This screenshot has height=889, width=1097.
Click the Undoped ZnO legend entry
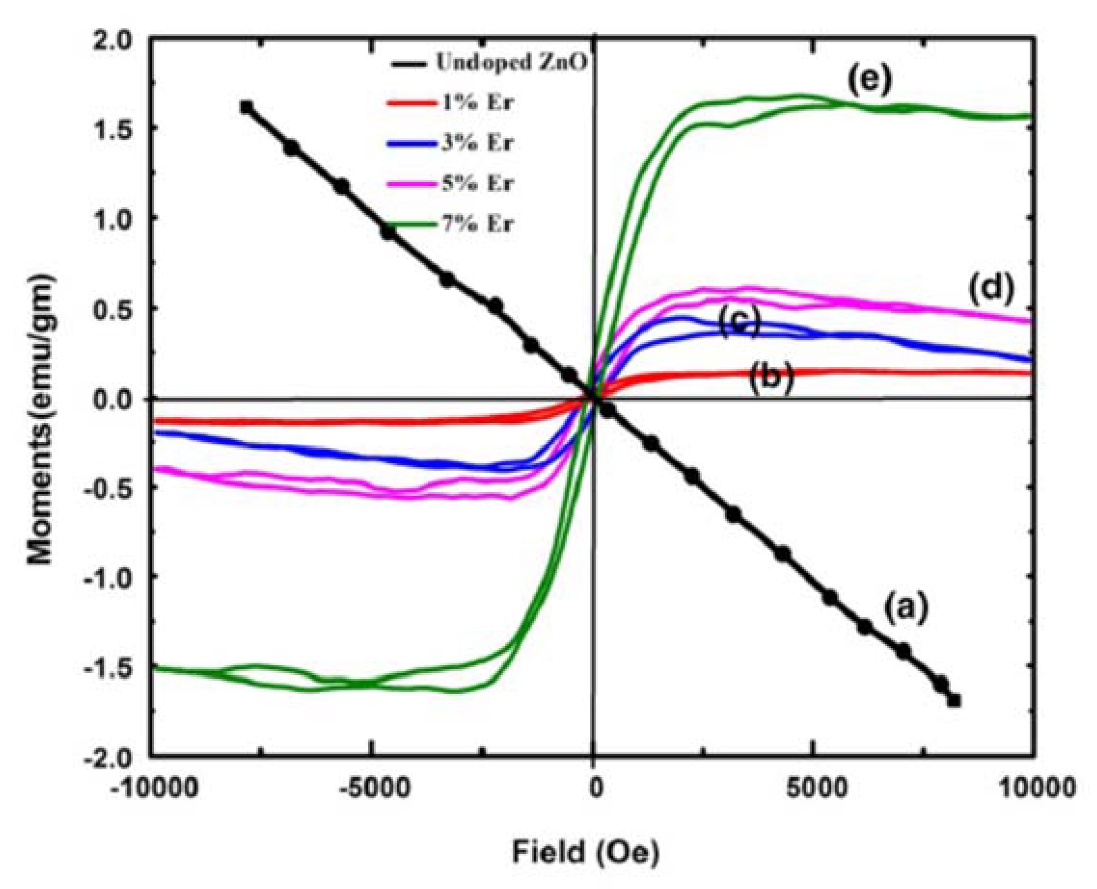coord(511,63)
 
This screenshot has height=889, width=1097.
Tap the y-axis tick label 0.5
coord(112,310)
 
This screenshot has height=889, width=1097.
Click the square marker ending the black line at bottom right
coord(954,700)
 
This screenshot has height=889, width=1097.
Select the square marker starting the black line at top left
coord(246,107)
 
